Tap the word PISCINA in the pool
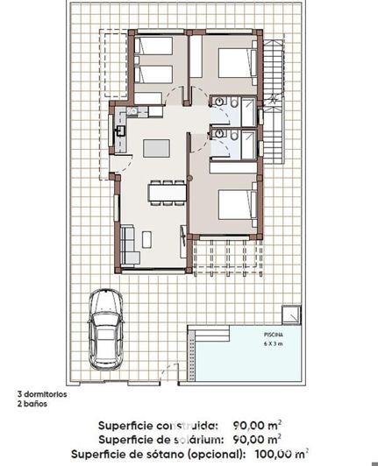tap(274, 335)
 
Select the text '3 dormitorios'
tap(40, 393)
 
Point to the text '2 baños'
tap(32, 403)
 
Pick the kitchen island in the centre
tap(157, 146)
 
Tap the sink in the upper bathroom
tap(217, 102)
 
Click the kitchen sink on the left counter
tap(121, 131)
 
